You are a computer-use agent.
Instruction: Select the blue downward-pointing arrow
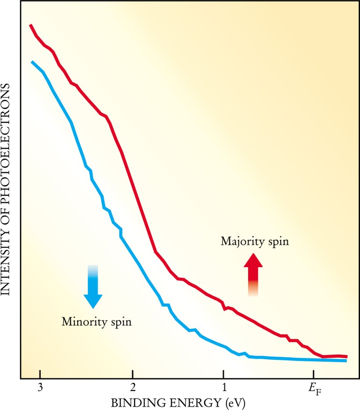[93, 286]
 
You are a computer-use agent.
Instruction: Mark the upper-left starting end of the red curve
[31, 25]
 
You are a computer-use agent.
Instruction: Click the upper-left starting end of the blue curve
[32, 62]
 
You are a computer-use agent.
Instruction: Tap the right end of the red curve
[347, 356]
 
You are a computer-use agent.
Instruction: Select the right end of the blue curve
[346, 361]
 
